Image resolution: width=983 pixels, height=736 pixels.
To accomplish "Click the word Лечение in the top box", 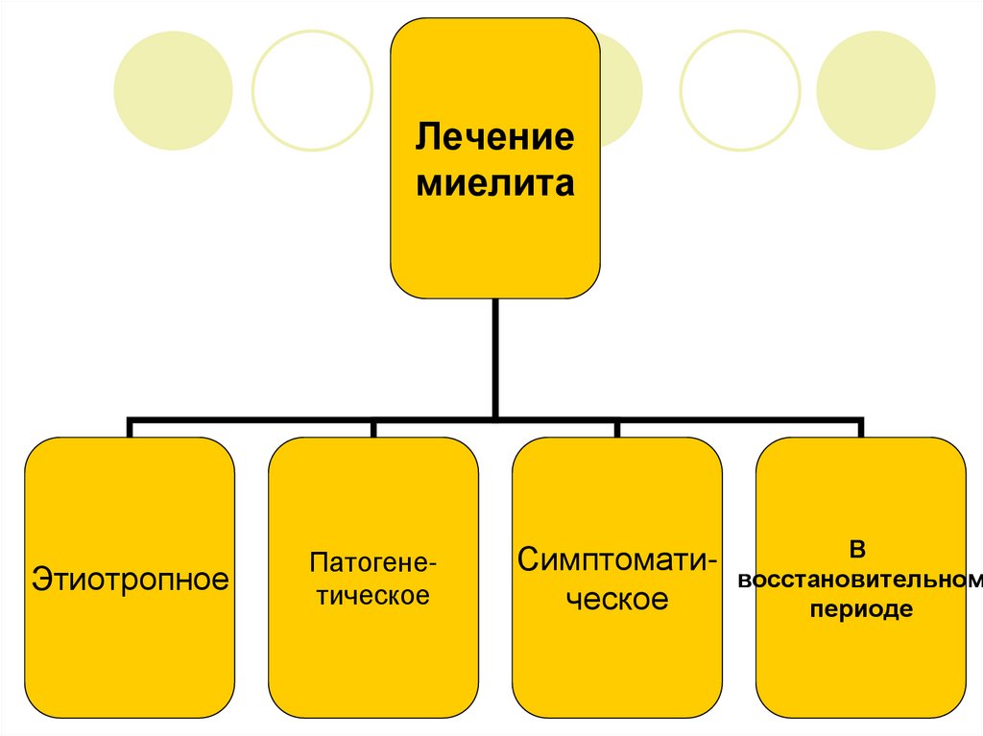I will coord(494,136).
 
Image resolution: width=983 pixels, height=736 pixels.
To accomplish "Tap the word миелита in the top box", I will coord(494,181).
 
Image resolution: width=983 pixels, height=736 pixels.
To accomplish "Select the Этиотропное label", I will coord(131,579).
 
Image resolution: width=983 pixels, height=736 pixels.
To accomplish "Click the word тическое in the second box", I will coord(373,595).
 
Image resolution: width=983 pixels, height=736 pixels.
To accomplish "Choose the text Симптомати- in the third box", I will coord(616,559).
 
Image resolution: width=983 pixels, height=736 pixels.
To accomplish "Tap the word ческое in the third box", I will coord(616,601).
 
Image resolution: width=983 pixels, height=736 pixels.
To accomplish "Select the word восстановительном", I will coord(859,580).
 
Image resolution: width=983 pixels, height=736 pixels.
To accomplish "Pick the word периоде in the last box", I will coord(859,609).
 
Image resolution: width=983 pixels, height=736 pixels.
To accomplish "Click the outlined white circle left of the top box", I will coord(312,90).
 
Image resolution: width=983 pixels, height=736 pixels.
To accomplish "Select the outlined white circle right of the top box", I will coord(739,90).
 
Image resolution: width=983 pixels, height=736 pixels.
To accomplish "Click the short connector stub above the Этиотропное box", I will coord(131,429).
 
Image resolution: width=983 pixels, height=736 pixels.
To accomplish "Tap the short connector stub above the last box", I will coord(860,429).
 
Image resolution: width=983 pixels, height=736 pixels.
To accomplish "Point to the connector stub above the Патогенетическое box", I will coord(373,429).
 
